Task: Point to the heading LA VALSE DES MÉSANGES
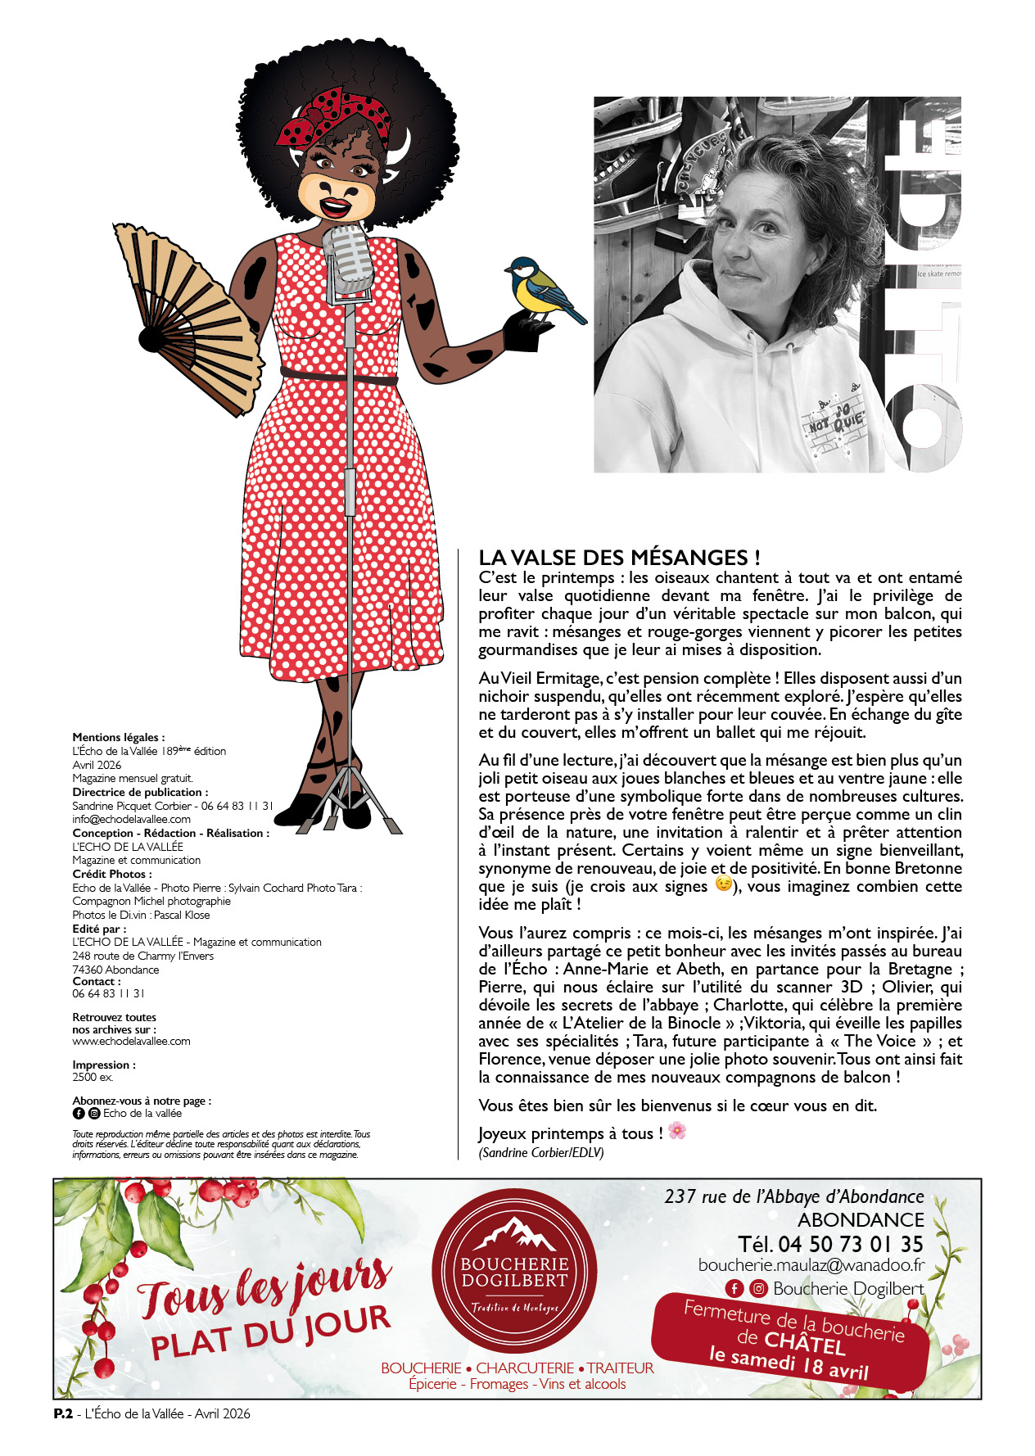point(619,558)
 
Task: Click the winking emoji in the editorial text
point(723,884)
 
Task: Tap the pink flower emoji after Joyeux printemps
point(677,1132)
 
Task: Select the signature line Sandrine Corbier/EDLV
point(541,1152)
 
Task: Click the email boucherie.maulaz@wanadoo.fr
point(811,1265)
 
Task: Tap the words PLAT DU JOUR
point(270,1332)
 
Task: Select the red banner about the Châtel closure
point(791,1341)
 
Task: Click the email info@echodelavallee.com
point(131,819)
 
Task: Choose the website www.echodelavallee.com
point(131,1042)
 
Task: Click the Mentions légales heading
point(118,737)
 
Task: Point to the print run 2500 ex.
point(93,1077)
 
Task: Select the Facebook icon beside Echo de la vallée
point(79,1114)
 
